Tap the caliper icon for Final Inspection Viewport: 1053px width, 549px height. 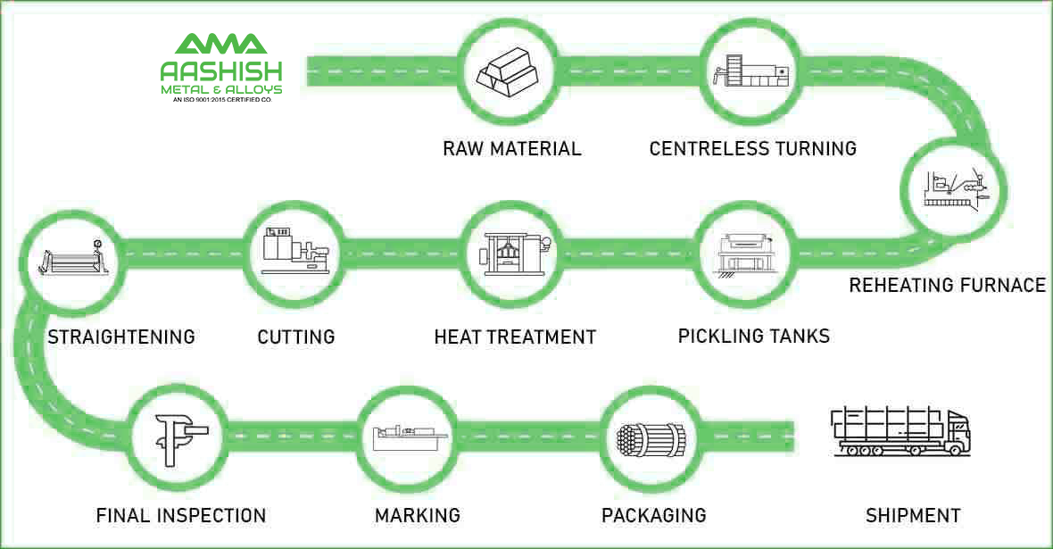pyautogui.click(x=179, y=435)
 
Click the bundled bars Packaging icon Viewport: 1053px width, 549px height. pyautogui.click(x=649, y=437)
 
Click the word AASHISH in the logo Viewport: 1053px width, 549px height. pyautogui.click(x=221, y=71)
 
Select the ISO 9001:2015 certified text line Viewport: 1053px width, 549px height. pyautogui.click(x=221, y=100)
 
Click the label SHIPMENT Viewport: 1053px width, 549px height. pyautogui.click(x=913, y=515)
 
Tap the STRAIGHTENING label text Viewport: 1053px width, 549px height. pyautogui.click(x=121, y=337)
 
